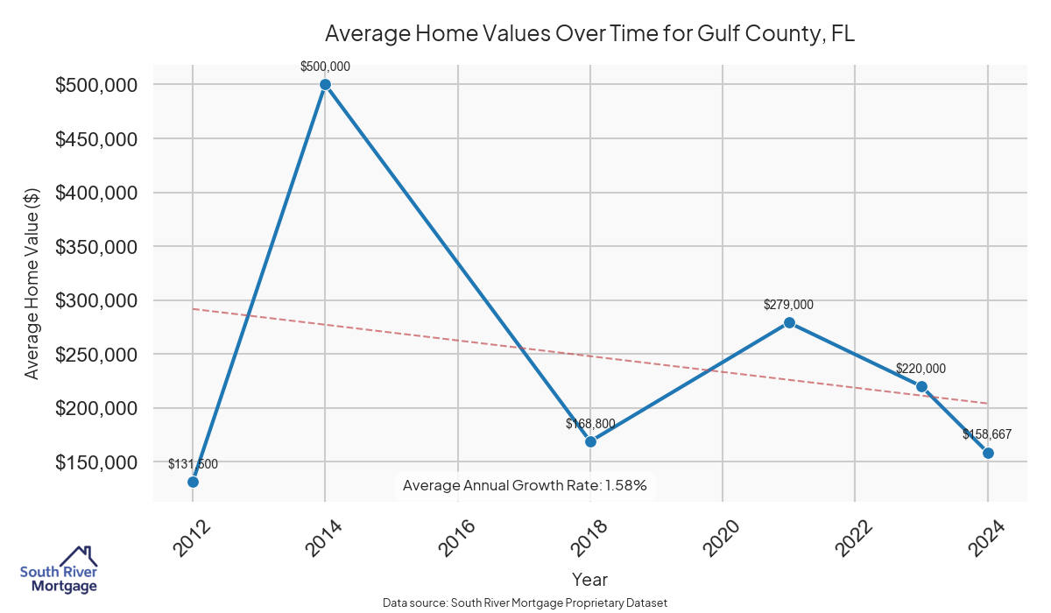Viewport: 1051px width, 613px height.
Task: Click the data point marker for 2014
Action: click(325, 85)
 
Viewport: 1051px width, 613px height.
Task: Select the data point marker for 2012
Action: click(193, 482)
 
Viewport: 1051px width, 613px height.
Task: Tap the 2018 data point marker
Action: click(590, 441)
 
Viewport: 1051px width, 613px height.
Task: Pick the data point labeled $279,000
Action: click(789, 322)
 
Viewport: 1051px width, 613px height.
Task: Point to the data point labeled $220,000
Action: click(921, 386)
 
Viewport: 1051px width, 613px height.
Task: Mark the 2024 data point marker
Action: click(988, 453)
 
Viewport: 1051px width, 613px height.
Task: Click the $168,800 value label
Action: click(590, 424)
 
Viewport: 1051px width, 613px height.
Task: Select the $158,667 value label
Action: click(987, 434)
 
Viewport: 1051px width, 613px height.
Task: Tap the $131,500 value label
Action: click(193, 464)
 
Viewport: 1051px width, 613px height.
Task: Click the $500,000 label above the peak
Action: click(325, 67)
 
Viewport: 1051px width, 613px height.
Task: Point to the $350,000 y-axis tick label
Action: click(96, 247)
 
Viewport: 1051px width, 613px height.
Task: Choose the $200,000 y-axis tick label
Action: click(96, 408)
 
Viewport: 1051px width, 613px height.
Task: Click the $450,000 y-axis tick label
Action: click(96, 139)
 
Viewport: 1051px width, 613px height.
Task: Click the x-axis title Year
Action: click(589, 580)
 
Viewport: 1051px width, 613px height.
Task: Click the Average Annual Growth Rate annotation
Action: click(525, 485)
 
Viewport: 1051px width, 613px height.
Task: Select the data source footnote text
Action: click(525, 603)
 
